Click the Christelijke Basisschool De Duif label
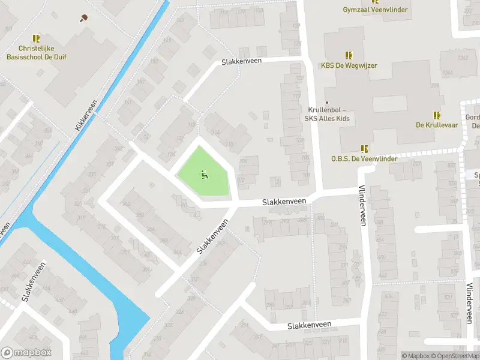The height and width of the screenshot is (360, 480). click(42, 52)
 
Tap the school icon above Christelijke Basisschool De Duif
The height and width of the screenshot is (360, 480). click(36, 38)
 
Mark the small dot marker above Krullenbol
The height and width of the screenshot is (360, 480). click(327, 103)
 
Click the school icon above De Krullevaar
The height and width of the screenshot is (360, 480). click(437, 115)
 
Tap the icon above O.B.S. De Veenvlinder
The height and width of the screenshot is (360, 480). click(364, 148)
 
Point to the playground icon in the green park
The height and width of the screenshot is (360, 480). click(204, 175)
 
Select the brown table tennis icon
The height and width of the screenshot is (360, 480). click(83, 17)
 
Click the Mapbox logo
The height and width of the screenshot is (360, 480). click(26, 353)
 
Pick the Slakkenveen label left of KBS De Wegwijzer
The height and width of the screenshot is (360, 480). click(241, 62)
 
